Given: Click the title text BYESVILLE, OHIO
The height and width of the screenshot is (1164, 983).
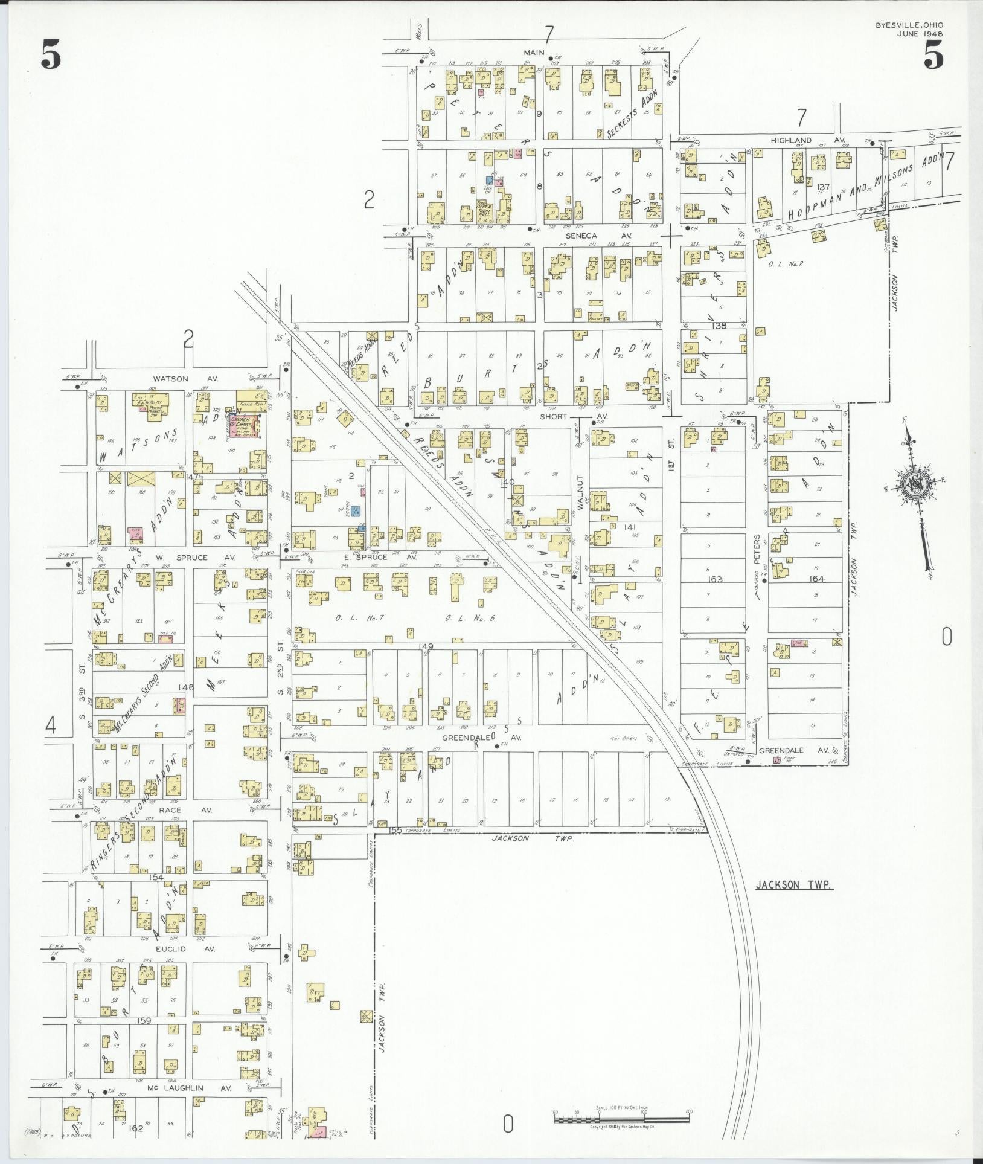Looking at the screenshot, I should click(x=909, y=25).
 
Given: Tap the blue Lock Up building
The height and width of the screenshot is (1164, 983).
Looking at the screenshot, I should click(x=490, y=181).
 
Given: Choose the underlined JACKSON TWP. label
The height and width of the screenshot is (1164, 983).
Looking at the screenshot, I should click(x=794, y=885).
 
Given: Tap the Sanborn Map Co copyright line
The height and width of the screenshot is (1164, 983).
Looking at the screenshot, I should click(x=621, y=1127).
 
